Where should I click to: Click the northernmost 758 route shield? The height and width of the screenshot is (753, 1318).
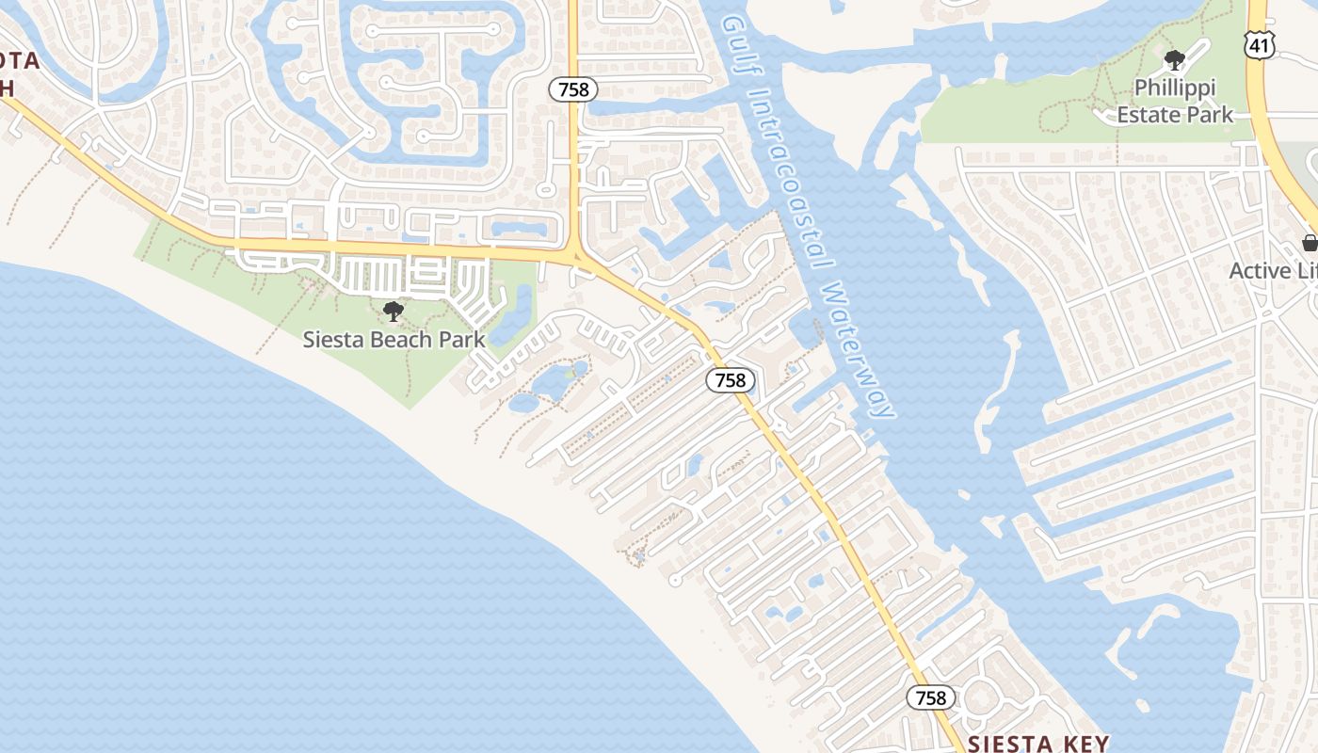tap(573, 89)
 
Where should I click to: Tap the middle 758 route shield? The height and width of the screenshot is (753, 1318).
tap(730, 380)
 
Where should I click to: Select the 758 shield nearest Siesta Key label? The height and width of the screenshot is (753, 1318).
tap(931, 697)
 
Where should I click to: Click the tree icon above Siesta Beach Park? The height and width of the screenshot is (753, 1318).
tap(394, 312)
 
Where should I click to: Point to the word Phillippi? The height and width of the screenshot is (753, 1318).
tap(1174, 88)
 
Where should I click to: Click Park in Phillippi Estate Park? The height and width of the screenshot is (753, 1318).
tap(1209, 115)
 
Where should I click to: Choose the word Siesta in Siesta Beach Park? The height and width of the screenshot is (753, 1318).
tap(330, 340)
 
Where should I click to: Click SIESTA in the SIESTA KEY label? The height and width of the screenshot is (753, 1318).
tap(1005, 744)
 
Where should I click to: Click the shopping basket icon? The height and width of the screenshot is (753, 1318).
tap(1310, 243)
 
